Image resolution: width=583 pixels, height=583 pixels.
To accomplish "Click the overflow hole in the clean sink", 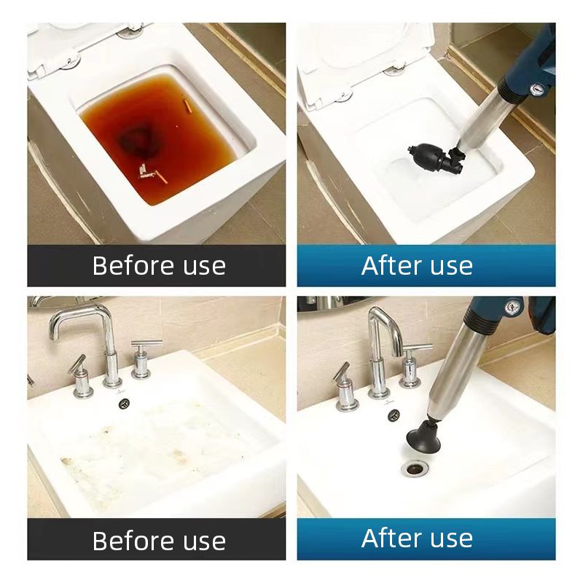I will point(393,414).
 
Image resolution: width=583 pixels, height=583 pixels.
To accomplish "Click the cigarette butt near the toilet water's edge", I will point(187,106).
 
